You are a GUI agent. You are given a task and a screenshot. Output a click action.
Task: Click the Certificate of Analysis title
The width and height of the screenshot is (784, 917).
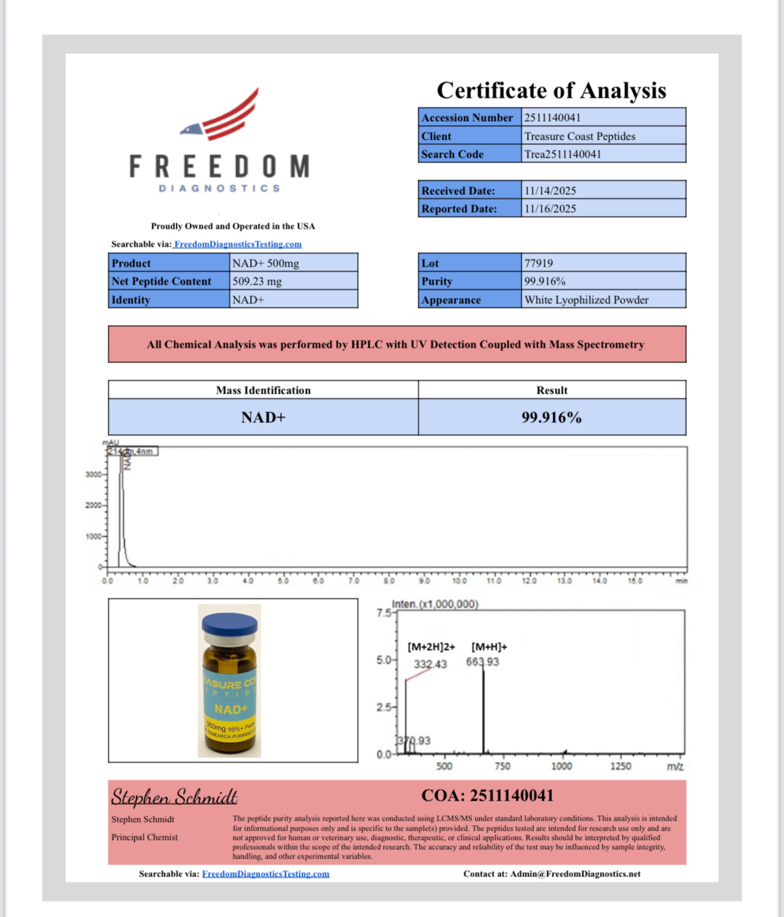tap(551, 90)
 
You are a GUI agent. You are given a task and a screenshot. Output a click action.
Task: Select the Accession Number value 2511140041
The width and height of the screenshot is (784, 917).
tap(553, 118)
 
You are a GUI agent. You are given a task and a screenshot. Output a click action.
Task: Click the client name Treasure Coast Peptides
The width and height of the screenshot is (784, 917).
tap(580, 136)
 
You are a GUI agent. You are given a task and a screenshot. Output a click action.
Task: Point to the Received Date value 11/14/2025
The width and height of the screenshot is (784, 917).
tap(550, 191)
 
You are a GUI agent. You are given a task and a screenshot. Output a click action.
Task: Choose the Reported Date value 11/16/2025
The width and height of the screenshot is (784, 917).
tap(550, 209)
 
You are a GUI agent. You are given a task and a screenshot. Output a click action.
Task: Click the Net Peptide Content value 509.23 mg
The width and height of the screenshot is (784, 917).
tap(257, 281)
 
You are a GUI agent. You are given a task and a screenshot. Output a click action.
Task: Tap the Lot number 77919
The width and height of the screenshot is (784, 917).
tap(539, 263)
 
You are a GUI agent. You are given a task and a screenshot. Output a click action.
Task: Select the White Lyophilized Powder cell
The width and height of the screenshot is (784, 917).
tap(587, 300)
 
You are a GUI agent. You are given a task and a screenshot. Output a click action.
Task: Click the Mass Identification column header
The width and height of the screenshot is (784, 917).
tap(263, 390)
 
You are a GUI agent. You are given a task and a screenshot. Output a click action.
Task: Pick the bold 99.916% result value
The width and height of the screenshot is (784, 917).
tap(551, 418)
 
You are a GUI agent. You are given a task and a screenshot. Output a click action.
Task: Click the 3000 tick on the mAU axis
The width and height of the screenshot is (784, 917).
tap(93, 475)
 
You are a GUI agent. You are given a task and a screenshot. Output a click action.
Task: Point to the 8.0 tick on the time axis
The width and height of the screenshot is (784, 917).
tap(389, 581)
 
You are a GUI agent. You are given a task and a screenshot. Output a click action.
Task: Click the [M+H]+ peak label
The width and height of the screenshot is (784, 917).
tap(489, 647)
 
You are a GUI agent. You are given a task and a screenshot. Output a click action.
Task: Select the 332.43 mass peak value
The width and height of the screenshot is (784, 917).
tap(430, 664)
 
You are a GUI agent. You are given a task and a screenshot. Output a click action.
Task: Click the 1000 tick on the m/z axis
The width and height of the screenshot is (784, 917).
tap(562, 766)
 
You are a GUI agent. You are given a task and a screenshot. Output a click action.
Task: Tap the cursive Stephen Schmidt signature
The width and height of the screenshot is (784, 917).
tap(174, 797)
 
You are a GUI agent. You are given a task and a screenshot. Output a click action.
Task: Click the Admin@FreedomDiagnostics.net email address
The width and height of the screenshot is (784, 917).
tap(575, 874)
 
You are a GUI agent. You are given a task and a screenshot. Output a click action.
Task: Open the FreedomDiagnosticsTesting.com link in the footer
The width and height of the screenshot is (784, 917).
tap(265, 874)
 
